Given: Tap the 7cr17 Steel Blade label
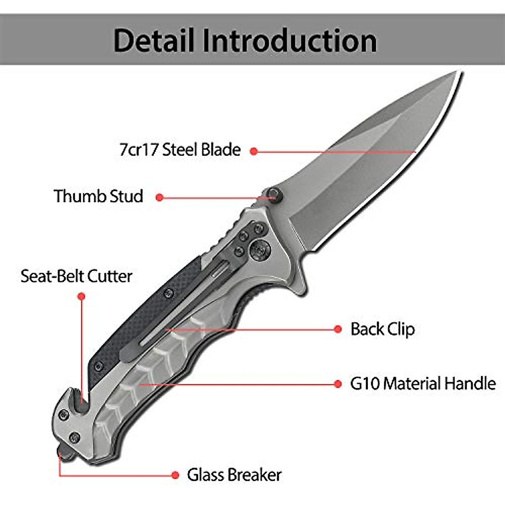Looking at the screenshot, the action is [x=180, y=150].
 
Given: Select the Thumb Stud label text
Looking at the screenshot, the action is [x=98, y=197].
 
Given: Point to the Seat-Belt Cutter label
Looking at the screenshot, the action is [x=77, y=276].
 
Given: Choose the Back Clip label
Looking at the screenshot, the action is [x=383, y=329].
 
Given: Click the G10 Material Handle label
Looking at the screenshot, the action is [x=423, y=383].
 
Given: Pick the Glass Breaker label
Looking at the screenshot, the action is [x=234, y=475].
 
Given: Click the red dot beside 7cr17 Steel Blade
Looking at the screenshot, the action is [x=253, y=151].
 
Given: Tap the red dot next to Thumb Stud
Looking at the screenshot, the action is [x=159, y=197].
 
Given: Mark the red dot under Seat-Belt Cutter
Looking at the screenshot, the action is [x=82, y=297].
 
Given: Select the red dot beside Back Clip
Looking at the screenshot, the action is [x=338, y=330].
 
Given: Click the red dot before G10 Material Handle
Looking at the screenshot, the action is [x=338, y=384].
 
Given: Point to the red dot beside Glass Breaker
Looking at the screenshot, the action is [x=175, y=475].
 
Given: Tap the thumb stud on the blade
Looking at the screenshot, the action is [x=274, y=194].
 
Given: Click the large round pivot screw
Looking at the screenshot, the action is [x=258, y=249].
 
